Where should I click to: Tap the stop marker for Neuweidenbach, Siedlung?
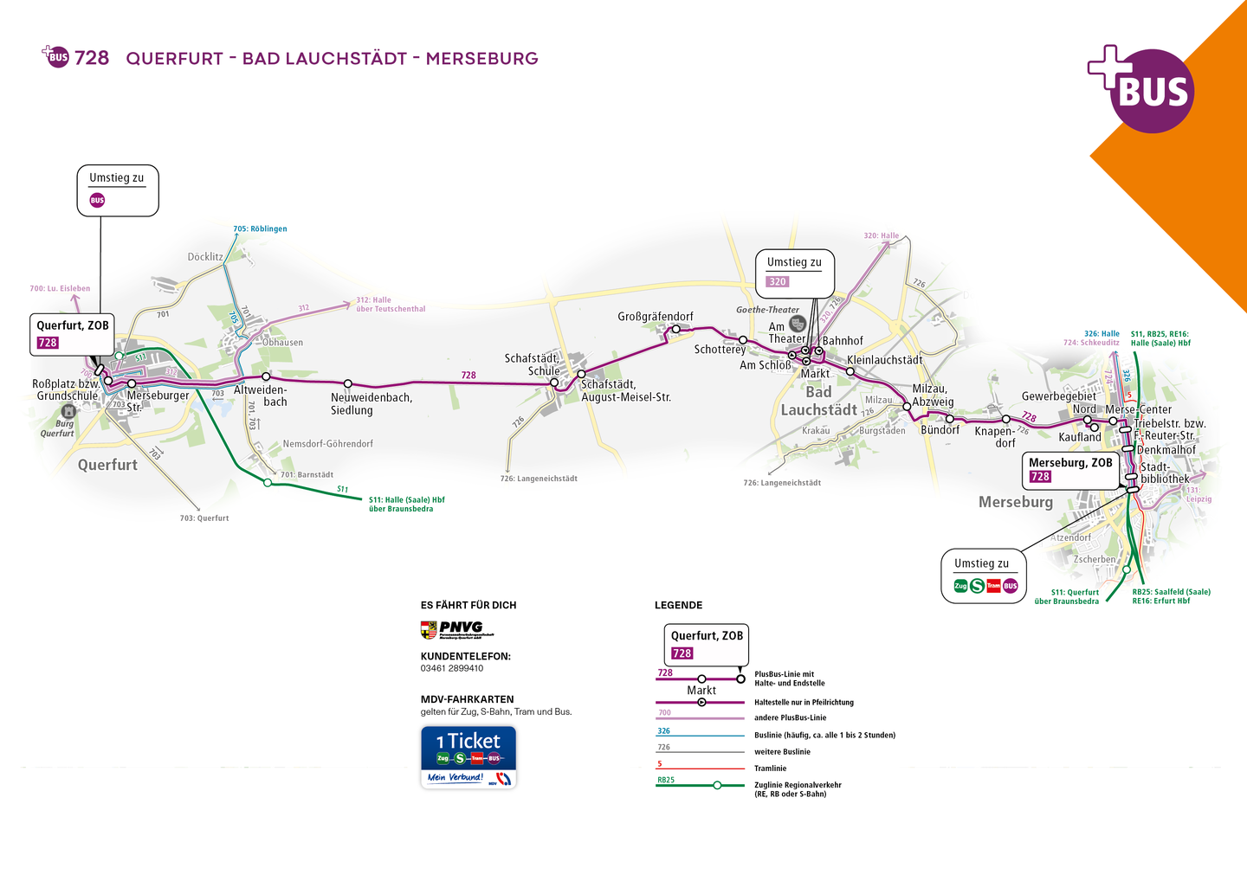click(348, 383)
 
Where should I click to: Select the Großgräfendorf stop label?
click(655, 317)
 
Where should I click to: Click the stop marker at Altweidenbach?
click(266, 376)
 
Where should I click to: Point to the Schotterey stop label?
click(720, 350)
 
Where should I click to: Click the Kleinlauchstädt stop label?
click(884, 360)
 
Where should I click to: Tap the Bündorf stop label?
click(940, 430)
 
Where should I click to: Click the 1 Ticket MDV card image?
click(468, 756)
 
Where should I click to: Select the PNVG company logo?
click(456, 629)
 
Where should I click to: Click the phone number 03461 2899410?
click(452, 668)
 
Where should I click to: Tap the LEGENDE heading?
click(678, 605)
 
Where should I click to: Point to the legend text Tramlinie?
click(770, 768)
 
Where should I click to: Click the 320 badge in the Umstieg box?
click(778, 281)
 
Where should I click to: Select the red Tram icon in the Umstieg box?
click(993, 586)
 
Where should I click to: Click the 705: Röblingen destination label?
click(260, 229)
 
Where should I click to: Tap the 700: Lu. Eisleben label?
click(60, 289)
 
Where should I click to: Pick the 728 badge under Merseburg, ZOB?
click(1040, 477)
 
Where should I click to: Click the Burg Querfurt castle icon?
click(68, 410)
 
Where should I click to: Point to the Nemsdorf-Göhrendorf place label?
click(327, 444)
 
